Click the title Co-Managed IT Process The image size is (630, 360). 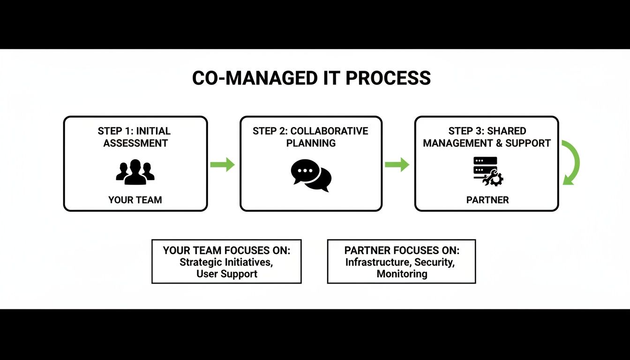(311, 78)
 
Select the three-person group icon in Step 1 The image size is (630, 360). (135, 172)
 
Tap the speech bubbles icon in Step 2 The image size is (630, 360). (311, 175)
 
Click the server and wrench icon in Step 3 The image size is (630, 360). (487, 172)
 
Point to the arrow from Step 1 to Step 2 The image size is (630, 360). (223, 165)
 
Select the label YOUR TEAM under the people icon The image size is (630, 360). (135, 200)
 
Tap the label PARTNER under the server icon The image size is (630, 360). (487, 200)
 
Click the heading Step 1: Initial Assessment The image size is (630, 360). (135, 137)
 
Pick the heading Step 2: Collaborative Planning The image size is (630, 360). (311, 137)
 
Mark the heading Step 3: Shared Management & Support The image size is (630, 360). (487, 137)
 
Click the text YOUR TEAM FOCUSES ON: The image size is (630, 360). (226, 250)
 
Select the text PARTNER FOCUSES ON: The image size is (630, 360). (402, 250)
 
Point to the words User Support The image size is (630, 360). (227, 274)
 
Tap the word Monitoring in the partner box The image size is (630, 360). (402, 274)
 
